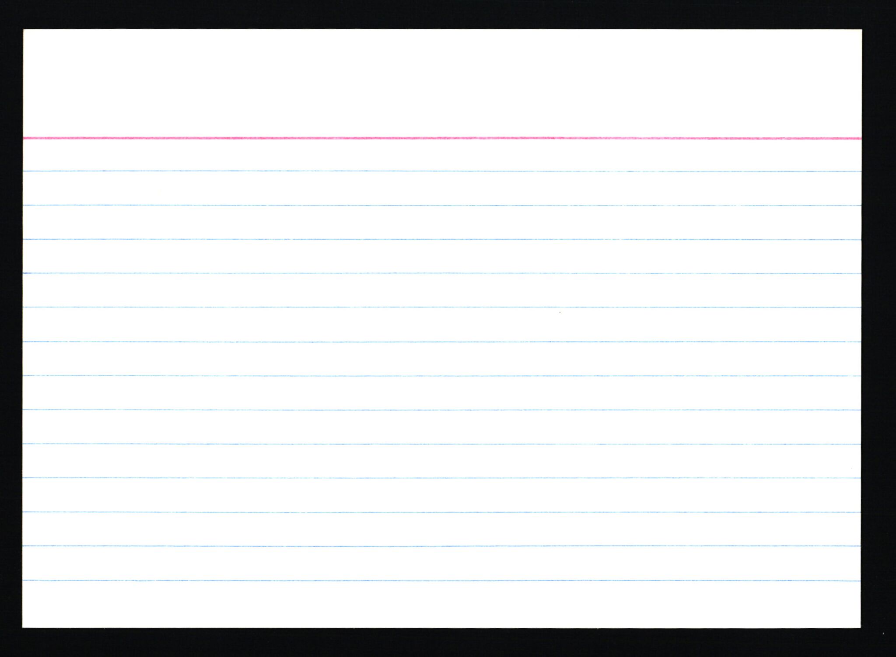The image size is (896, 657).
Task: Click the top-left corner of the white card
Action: point(24,30)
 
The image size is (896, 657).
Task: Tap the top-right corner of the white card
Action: point(861,30)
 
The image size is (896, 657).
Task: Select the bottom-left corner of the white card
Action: point(23,627)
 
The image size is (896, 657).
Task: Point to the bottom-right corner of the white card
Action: point(861,627)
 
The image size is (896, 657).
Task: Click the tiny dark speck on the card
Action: point(560,312)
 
